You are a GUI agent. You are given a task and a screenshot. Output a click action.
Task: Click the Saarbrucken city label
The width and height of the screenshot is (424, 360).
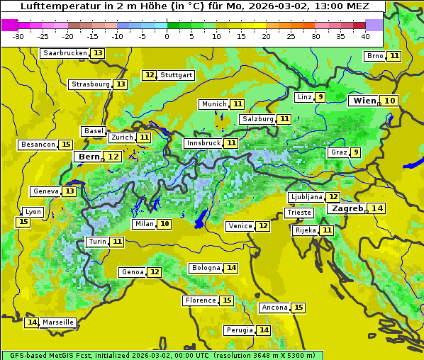coord(65,53)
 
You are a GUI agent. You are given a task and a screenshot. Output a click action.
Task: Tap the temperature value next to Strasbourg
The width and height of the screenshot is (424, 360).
coord(121,84)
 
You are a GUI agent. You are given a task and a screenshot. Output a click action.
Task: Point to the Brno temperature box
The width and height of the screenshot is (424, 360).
coord(394,56)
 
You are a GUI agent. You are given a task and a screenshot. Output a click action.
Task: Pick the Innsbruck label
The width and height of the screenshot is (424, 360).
coord(203,143)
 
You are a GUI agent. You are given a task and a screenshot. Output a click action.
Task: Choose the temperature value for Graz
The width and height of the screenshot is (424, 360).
coord(355,152)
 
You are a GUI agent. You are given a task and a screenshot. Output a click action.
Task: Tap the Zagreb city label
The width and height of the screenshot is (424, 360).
coord(347,208)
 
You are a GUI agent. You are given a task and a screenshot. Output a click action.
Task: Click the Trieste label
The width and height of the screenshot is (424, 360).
coord(299,213)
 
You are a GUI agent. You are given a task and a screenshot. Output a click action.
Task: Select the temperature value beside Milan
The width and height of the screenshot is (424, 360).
coord(164,224)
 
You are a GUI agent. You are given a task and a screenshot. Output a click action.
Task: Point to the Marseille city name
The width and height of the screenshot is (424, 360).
coord(58,322)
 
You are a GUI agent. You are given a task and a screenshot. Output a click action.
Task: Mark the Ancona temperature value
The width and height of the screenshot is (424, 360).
coord(299,308)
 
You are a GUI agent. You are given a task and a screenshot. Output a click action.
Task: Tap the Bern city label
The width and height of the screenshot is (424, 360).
coord(89,157)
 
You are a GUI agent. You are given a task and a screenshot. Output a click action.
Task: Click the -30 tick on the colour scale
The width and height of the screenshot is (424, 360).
coord(18,35)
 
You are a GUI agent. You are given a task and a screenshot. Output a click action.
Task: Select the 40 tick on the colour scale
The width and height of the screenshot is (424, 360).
coord(365,35)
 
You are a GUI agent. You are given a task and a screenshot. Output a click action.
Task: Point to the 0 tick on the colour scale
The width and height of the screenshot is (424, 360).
coord(167,35)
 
